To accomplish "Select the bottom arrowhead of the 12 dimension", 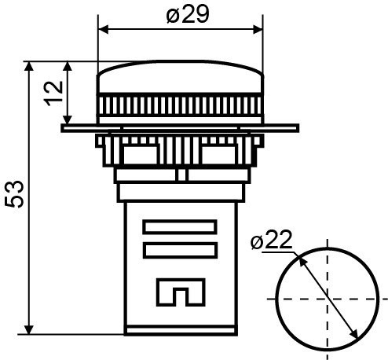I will pyautogui.click(x=69, y=118).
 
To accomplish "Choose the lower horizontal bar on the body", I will pyautogui.click(x=180, y=251).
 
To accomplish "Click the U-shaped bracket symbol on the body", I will pyautogui.click(x=180, y=292).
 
